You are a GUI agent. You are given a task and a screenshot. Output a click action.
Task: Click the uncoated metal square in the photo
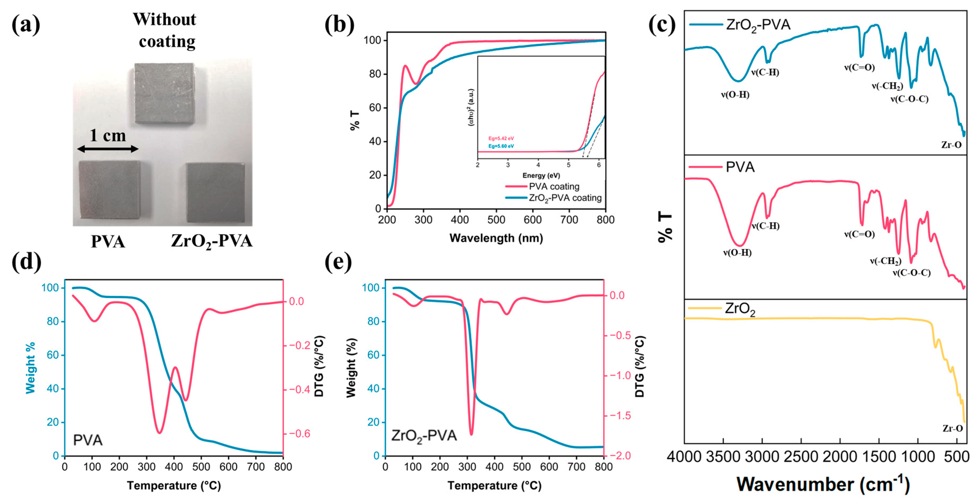(165, 93)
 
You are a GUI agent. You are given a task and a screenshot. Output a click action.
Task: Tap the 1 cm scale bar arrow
(108, 149)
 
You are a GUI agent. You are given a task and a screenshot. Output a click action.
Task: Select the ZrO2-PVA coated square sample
(215, 192)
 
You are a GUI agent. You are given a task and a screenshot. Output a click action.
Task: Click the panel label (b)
(339, 25)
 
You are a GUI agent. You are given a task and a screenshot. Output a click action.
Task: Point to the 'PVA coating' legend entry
(554, 187)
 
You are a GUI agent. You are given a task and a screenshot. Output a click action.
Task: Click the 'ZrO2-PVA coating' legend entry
(565, 198)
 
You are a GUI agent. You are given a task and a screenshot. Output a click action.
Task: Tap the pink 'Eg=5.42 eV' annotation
(501, 138)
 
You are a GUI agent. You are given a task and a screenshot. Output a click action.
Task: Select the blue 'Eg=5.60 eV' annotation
(501, 146)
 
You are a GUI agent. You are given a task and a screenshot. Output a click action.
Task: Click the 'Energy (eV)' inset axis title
(541, 175)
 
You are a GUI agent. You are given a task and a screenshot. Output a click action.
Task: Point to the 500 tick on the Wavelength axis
(496, 220)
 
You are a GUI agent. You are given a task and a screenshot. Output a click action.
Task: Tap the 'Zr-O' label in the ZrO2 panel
(952, 428)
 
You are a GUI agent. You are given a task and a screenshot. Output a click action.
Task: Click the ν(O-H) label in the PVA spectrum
(737, 253)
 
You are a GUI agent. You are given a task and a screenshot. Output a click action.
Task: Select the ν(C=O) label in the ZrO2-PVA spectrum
(859, 68)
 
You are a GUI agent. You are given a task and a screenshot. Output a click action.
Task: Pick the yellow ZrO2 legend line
(705, 308)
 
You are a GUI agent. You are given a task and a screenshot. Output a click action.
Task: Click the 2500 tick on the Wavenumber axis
(801, 457)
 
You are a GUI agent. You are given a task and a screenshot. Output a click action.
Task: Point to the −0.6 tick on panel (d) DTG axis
(299, 433)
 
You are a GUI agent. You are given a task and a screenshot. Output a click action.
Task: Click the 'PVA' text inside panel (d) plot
(88, 440)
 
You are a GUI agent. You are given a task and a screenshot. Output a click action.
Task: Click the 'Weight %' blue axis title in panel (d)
(30, 368)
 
